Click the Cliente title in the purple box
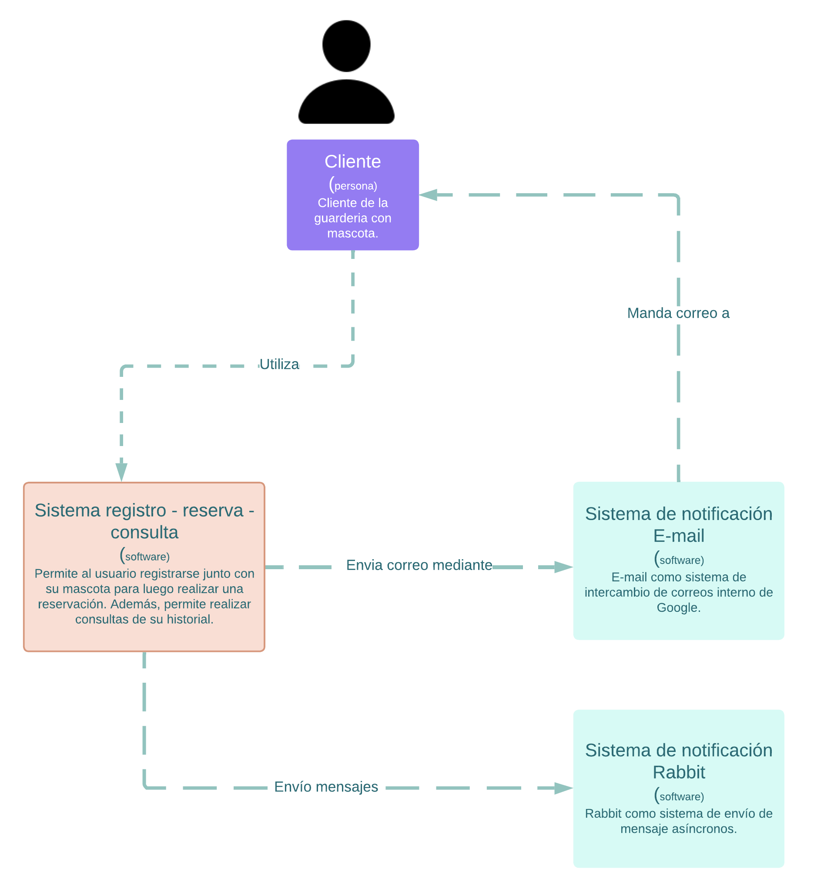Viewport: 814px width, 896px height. (352, 161)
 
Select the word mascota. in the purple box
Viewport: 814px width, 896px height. (352, 233)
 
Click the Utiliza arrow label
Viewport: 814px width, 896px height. (279, 364)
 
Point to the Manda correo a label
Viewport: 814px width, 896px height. (678, 313)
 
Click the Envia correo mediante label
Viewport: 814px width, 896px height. (419, 565)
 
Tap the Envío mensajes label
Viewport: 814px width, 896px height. (326, 787)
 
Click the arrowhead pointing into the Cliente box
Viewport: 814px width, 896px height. (429, 195)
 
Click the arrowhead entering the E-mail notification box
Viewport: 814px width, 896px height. (563, 567)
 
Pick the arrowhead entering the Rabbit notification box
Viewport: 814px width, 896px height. (563, 789)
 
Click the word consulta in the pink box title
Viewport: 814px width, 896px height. (144, 533)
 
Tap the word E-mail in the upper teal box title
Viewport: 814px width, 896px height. (679, 536)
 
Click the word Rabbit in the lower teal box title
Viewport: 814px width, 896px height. (679, 772)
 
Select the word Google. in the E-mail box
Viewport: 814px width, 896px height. (679, 607)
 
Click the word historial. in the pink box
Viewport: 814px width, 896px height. (190, 620)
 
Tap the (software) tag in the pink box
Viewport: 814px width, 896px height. (145, 556)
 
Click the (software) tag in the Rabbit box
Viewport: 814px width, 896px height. (680, 796)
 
